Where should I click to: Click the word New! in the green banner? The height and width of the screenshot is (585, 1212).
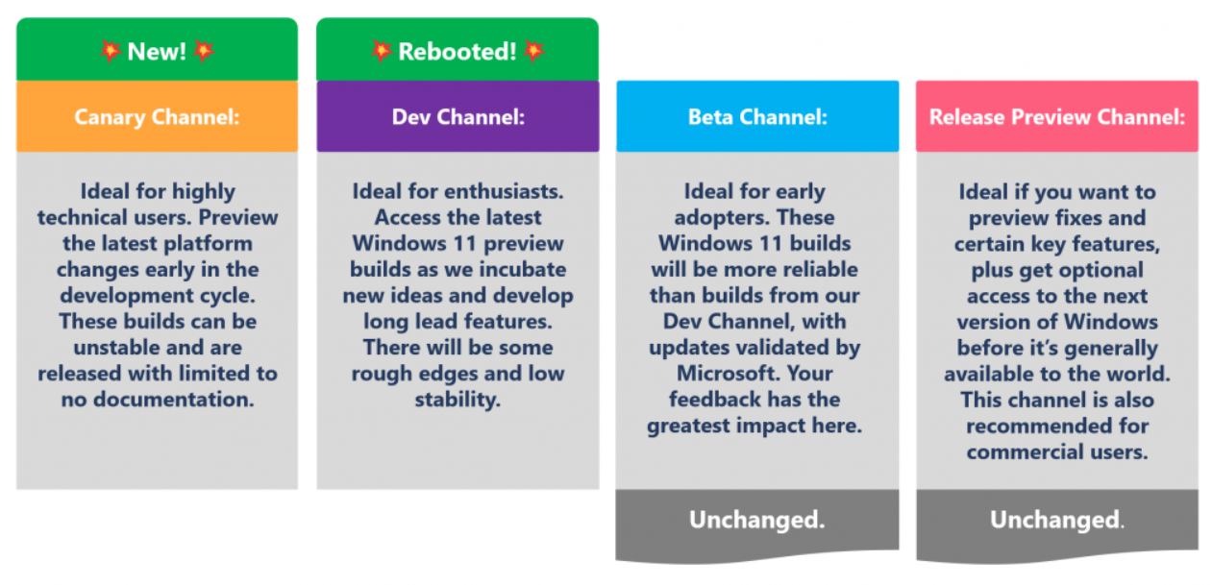[157, 52]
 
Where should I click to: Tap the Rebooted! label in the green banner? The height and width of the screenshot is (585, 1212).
[458, 52]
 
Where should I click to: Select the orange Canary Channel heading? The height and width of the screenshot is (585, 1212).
[157, 117]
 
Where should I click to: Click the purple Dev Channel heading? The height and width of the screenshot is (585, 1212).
[458, 117]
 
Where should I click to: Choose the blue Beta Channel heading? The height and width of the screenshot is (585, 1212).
[757, 117]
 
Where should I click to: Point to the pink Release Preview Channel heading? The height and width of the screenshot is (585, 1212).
[1057, 117]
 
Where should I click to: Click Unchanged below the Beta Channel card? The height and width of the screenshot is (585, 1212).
[757, 520]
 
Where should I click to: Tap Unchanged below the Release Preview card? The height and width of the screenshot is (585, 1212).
[1056, 520]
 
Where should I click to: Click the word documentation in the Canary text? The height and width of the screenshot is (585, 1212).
[173, 400]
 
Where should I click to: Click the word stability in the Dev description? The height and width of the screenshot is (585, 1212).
[458, 401]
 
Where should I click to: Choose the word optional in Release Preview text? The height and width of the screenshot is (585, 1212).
[1098, 270]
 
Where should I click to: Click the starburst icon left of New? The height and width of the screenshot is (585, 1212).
[110, 51]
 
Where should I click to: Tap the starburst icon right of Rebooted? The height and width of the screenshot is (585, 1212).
[534, 51]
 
